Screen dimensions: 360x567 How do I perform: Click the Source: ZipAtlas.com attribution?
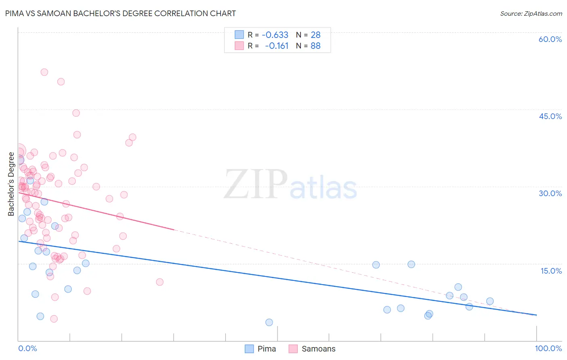tap(531, 14)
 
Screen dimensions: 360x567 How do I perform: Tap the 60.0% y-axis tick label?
tap(550, 39)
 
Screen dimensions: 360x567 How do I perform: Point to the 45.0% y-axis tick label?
tap(550, 116)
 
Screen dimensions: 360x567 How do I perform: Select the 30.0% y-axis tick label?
tap(550, 193)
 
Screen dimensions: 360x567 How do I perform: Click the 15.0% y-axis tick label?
tap(551, 271)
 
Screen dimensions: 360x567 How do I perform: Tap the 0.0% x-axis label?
tap(27, 348)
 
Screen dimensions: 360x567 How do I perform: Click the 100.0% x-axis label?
tap(548, 348)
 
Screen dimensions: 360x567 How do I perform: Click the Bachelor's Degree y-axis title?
tap(11, 184)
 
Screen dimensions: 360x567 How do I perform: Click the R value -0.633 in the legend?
tap(275, 35)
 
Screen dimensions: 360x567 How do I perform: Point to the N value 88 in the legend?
tap(315, 46)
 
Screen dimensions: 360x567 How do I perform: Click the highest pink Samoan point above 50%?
tap(44, 72)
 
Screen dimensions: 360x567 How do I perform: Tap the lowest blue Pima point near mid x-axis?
tap(269, 322)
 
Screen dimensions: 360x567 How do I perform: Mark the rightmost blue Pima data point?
tap(490, 301)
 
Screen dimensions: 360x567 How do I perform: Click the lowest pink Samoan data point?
tap(54, 319)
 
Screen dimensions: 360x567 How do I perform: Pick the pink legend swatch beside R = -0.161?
tap(239, 46)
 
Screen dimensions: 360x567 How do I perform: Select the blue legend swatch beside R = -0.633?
tap(239, 35)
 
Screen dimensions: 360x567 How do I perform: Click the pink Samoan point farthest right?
tap(160, 282)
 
